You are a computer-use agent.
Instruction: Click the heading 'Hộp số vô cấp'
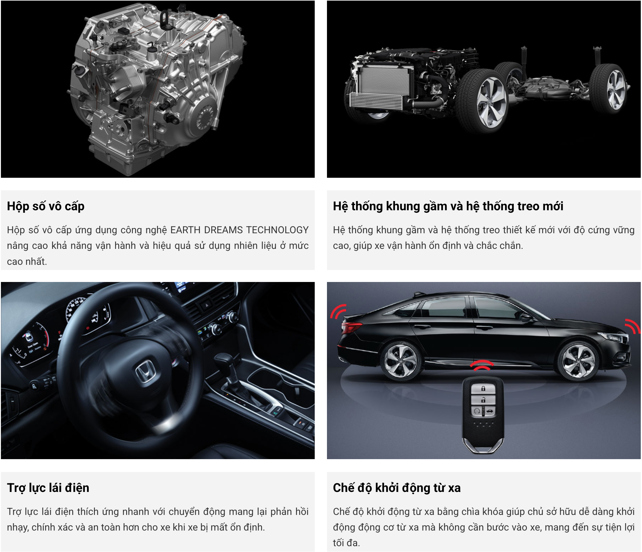[46, 207]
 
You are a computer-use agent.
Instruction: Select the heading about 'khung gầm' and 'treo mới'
[448, 207]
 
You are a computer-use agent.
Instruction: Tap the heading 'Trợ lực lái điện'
[48, 488]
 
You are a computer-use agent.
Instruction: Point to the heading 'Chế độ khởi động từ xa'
[396, 488]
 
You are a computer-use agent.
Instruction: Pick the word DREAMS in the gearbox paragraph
[223, 230]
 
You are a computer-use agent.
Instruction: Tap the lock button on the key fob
[483, 389]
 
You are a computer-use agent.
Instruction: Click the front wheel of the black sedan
[578, 361]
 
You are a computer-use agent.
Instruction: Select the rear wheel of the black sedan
[400, 362]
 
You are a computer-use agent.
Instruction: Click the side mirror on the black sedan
[526, 317]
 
